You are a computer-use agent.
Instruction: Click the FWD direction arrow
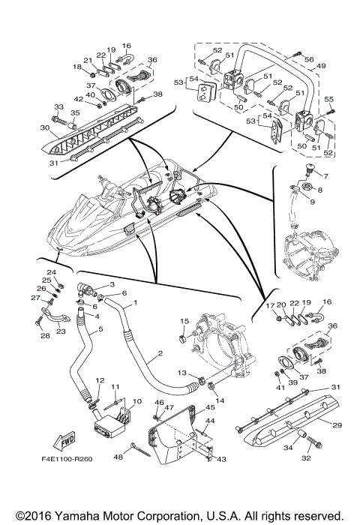[x=64, y=441]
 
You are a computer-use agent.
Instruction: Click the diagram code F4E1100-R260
[x=67, y=458]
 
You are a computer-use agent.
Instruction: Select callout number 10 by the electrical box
[x=137, y=401]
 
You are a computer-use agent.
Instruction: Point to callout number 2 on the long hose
[x=160, y=353]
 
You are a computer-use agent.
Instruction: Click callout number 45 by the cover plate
[x=210, y=407]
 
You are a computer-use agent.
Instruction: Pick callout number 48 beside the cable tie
[x=118, y=457]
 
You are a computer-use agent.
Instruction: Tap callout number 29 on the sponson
[x=337, y=425]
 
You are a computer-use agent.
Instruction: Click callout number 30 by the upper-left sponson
[x=45, y=127]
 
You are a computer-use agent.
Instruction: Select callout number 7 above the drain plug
[x=325, y=175]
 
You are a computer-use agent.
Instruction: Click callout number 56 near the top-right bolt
[x=309, y=59]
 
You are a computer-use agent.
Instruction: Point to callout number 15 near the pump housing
[x=184, y=322]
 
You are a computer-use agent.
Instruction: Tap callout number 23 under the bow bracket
[x=61, y=331]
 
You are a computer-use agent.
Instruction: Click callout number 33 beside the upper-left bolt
[x=59, y=106]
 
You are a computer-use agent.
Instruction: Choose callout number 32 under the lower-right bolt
[x=306, y=458]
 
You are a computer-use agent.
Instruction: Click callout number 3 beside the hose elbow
[x=112, y=284]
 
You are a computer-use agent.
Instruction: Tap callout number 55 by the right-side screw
[x=328, y=100]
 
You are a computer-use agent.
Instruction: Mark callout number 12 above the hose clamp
[x=100, y=380]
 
